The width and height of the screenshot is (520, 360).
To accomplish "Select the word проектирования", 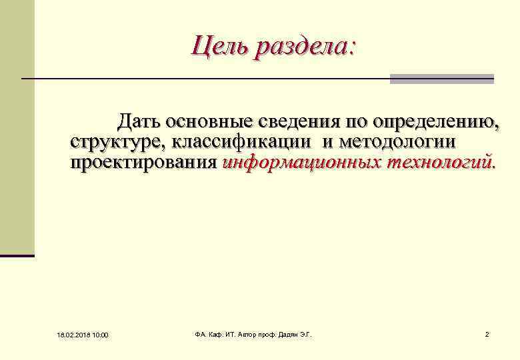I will tap(143, 162).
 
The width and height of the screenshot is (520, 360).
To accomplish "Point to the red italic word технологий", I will tap(441, 162).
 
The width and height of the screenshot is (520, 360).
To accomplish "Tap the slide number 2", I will tap(487, 333).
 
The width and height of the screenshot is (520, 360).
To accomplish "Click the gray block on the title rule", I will tap(441, 79).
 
